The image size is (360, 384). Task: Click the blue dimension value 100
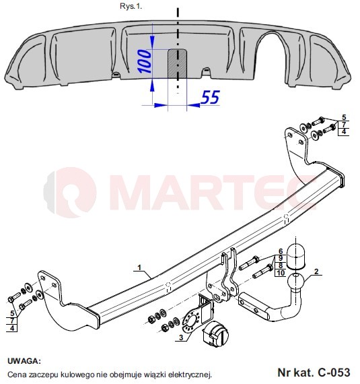145,61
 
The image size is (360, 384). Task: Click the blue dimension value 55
210,97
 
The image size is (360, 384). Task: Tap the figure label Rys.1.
131,6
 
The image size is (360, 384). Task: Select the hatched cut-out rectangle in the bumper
178,64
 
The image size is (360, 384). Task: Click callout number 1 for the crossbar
139,267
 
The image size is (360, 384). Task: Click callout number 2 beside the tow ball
316,271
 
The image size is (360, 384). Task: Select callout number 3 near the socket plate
181,338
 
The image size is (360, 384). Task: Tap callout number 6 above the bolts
281,251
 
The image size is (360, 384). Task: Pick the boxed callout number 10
281,273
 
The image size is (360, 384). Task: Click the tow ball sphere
296,282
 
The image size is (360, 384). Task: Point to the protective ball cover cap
295,257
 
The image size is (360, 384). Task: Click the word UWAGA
24,361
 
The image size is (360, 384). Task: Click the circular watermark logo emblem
70,193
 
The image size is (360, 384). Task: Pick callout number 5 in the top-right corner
344,117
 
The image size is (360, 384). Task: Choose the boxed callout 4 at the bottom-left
12,328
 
